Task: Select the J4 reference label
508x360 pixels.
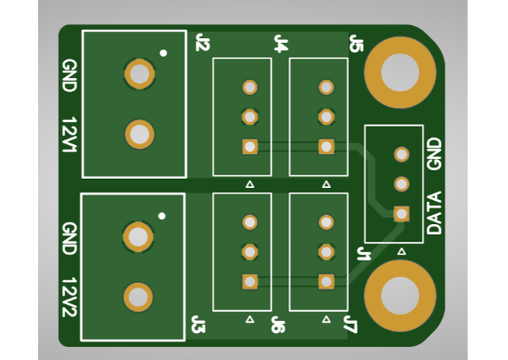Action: tap(280, 43)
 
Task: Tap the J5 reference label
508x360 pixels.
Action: tap(355, 43)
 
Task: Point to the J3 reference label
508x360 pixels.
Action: tap(197, 325)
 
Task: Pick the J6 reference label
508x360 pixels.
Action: tap(277, 325)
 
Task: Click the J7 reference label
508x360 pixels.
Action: tap(349, 325)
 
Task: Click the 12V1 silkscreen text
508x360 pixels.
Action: tap(68, 135)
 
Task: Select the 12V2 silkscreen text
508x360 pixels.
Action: tap(68, 296)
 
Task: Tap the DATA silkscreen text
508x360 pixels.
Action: tap(434, 212)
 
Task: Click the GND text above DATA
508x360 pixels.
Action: tap(434, 153)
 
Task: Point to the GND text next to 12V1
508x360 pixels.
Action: tap(68, 75)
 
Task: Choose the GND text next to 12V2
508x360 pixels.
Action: tap(68, 238)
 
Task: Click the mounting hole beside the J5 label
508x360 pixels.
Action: tap(400, 71)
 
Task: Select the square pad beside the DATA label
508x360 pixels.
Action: tap(401, 213)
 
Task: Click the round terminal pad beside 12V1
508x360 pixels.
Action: tap(140, 135)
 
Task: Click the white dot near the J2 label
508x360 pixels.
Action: tap(164, 53)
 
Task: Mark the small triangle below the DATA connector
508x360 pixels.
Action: tap(401, 251)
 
